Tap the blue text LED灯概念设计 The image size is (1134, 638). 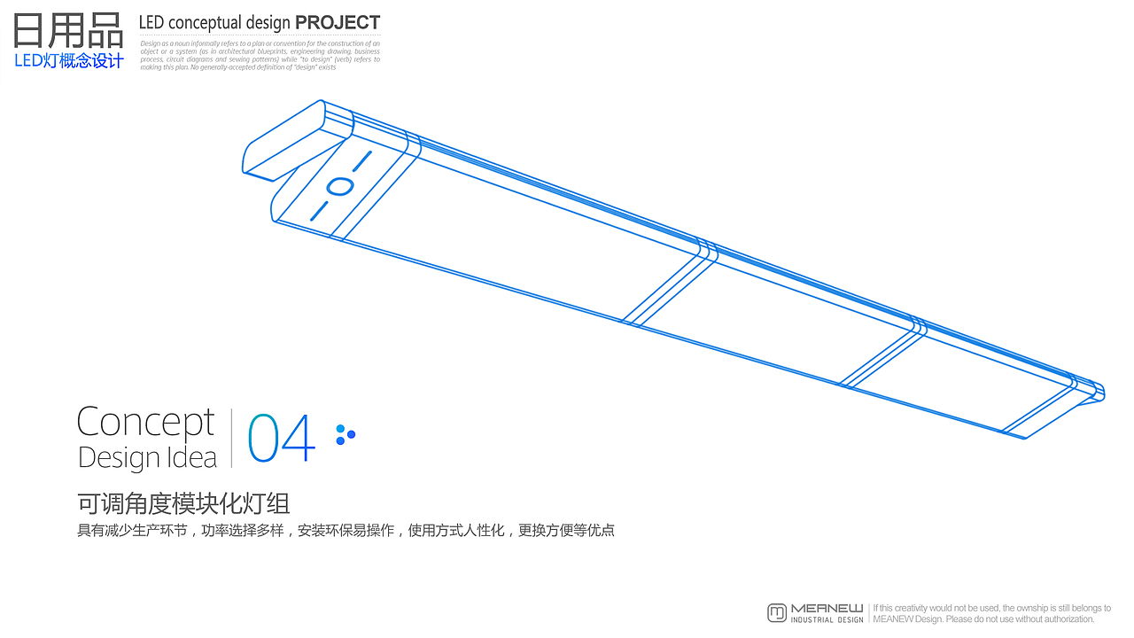pos(69,61)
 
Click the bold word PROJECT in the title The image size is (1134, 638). pos(338,22)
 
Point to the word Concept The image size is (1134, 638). pos(145,423)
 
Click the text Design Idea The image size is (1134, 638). pos(147,457)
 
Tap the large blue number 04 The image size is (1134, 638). pos(281,439)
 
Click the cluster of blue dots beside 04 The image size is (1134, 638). pos(345,434)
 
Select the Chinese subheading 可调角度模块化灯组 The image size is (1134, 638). pos(183,503)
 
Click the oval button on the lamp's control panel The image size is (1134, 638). pos(339,186)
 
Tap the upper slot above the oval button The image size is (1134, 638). pos(362,161)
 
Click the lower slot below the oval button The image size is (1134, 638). pos(319,210)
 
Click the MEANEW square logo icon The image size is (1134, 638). pos(777,612)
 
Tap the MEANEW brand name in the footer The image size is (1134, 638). pos(827,608)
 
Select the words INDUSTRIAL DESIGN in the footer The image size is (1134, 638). pos(827,619)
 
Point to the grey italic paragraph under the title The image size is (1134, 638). pos(260,55)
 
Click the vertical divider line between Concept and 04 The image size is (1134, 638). pos(232,438)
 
